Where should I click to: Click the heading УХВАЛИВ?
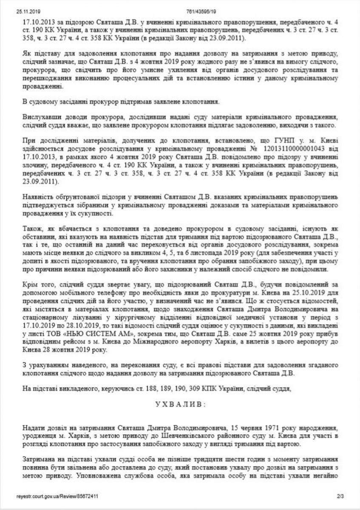click(180, 405)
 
